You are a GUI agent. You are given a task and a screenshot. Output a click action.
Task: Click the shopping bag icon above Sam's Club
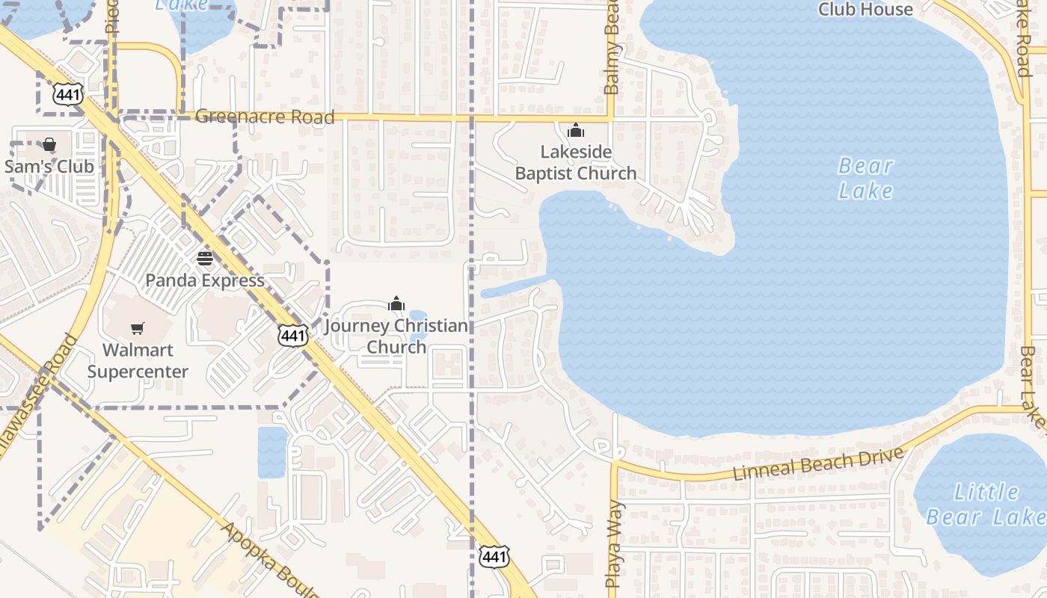coord(49,144)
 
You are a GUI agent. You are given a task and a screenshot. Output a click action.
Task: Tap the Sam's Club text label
coord(49,166)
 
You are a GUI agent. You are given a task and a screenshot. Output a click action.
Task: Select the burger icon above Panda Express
coord(205,259)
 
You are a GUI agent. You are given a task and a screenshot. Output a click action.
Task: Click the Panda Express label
coord(205,281)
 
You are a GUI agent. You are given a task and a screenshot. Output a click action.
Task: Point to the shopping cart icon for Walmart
coord(138,328)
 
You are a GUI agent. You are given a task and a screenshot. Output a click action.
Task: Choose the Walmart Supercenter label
coord(138,360)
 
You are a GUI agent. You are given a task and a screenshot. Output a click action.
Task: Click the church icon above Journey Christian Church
coord(396,303)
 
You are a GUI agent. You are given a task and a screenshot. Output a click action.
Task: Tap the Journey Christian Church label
coord(396,336)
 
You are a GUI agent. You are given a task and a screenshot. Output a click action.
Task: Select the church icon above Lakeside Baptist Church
coord(576,130)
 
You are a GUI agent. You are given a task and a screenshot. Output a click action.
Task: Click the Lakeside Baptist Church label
coord(576,162)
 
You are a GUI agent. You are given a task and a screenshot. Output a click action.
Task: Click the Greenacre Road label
coord(265,117)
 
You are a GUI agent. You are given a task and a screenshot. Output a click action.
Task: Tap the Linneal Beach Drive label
coord(818,464)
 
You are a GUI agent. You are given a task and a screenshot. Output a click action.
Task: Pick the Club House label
coord(865,10)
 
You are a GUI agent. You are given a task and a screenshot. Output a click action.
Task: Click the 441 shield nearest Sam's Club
coord(67,93)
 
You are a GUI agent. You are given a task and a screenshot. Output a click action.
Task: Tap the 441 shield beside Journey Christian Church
coord(292,336)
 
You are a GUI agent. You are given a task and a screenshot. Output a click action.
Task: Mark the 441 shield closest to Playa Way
coord(494,556)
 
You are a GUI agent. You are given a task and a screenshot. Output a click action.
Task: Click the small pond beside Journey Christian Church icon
coord(418,317)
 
